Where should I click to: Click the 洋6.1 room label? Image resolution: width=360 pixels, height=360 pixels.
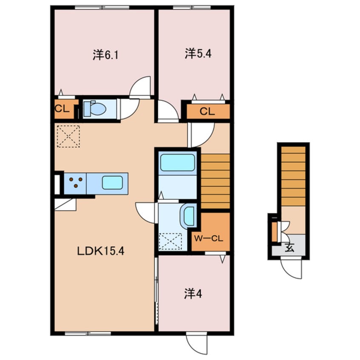click(106, 55)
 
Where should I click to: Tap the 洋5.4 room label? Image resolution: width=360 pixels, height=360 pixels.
click(198, 54)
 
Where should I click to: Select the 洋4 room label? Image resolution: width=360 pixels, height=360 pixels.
click(193, 294)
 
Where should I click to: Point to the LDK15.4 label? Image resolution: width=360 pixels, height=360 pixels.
click(100, 251)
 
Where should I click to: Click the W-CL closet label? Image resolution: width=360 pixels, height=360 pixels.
click(209, 239)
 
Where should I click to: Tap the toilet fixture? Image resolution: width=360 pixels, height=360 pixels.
click(94, 109)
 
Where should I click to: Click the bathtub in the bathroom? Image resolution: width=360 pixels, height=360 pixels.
click(177, 163)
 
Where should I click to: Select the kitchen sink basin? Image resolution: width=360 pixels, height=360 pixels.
click(112, 183)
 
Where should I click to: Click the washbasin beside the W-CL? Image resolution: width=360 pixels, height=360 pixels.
click(189, 216)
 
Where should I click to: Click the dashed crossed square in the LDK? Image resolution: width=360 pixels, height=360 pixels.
click(68, 136)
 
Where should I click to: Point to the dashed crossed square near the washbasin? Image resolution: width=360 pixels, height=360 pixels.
click(170, 241)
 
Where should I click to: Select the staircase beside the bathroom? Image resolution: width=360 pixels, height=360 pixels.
click(215, 181)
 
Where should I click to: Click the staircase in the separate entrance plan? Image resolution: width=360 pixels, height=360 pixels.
click(294, 176)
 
